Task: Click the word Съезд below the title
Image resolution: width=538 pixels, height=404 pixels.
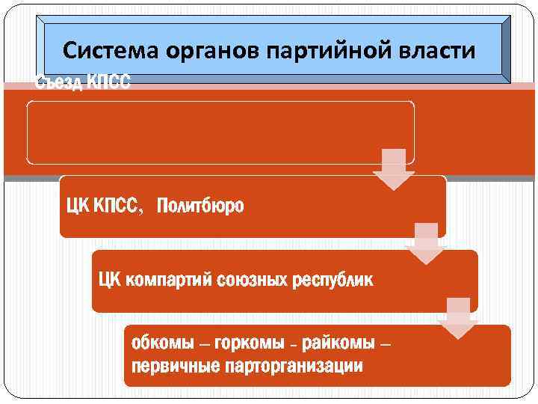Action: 60,82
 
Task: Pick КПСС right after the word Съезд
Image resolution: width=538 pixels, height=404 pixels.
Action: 108,82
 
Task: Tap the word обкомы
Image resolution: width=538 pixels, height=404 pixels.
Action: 162,344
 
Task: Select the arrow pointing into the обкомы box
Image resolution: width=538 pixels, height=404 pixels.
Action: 457,318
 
